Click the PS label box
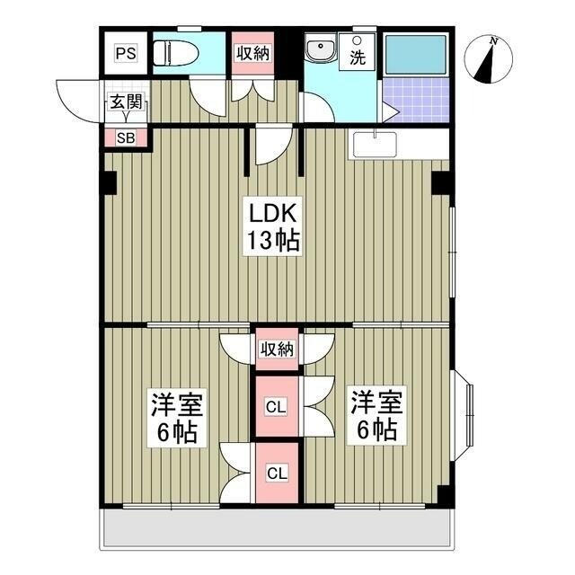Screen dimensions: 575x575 coord(126,53)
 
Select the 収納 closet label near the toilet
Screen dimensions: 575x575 coord(253,52)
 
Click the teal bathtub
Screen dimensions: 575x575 coord(415,55)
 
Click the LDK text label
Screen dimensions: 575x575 coord(273,214)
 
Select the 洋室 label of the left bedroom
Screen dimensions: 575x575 coord(176,402)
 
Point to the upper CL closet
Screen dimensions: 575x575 coord(276,406)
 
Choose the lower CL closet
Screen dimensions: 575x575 coord(276,473)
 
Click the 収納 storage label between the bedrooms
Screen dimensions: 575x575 coord(277,348)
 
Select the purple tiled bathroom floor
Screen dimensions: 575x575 coord(415,99)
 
